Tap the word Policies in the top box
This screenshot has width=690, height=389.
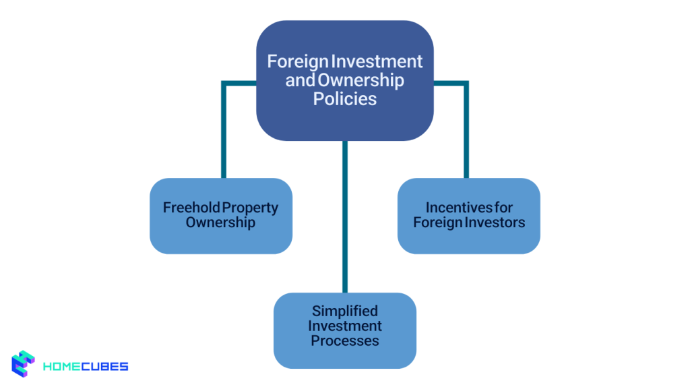(344, 98)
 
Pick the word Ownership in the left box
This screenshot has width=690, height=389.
(220, 222)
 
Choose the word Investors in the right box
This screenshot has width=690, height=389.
(497, 222)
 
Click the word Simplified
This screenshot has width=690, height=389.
(344, 311)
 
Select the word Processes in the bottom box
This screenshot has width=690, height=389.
(344, 340)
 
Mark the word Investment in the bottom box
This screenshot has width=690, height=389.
(344, 326)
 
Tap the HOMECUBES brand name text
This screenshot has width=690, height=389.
(85, 367)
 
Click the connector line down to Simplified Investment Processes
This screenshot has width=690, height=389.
(345, 216)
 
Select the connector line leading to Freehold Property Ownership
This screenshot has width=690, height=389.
(223, 128)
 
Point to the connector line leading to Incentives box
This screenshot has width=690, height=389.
(466, 128)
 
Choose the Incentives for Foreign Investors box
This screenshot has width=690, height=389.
(468, 236)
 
